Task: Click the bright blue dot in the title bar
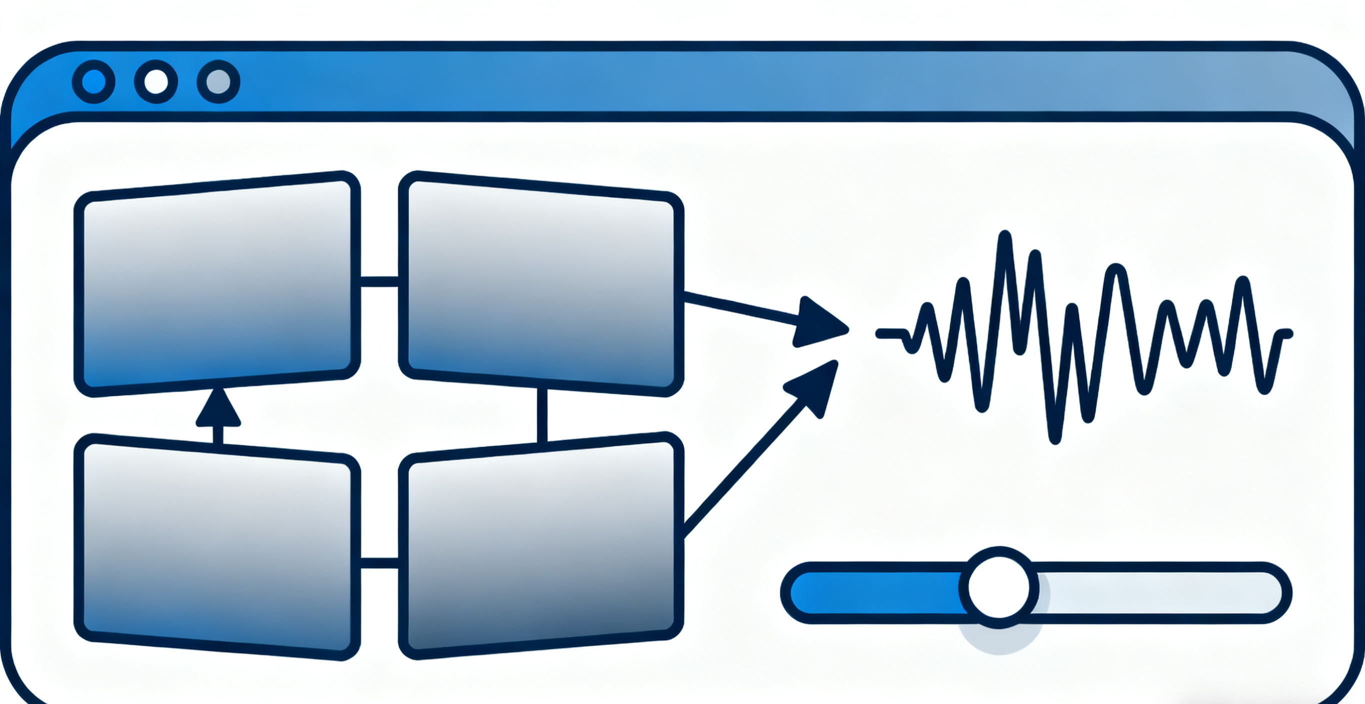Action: click(93, 82)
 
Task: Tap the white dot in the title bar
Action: click(156, 82)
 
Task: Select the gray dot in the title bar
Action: click(218, 82)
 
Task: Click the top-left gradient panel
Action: click(217, 283)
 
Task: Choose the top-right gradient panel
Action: click(540, 283)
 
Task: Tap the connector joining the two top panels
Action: click(379, 281)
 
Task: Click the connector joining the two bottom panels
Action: click(379, 562)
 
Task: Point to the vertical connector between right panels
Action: click(542, 415)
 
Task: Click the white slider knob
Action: click(999, 587)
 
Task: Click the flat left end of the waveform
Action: click(890, 333)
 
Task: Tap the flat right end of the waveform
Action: click(1285, 333)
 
